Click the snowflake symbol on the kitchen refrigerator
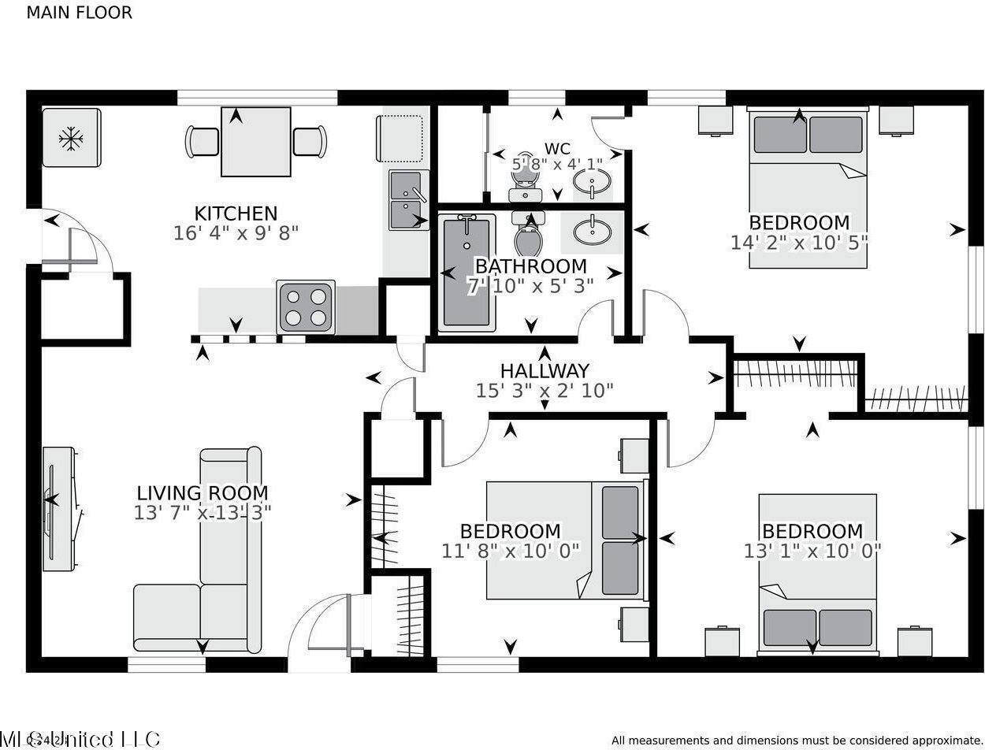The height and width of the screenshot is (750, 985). click(71, 139)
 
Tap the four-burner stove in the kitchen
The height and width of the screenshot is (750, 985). click(306, 307)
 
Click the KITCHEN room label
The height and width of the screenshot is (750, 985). click(236, 213)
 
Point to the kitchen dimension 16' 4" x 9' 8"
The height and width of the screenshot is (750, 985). click(236, 233)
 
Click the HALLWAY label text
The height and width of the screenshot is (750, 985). click(545, 370)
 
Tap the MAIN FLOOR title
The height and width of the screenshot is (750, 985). click(79, 13)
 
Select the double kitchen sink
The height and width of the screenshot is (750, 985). click(408, 200)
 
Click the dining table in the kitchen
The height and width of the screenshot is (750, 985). click(255, 142)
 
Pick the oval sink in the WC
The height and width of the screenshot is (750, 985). click(592, 183)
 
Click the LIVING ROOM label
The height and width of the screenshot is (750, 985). click(203, 494)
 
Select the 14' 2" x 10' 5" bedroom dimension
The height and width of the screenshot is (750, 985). click(799, 243)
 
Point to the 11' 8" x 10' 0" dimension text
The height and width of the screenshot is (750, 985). click(511, 551)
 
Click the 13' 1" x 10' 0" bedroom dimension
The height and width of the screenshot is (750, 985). click(812, 551)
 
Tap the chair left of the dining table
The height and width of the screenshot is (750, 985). click(203, 142)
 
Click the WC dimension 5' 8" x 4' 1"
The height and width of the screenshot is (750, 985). click(557, 165)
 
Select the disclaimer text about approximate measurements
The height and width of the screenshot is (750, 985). click(797, 740)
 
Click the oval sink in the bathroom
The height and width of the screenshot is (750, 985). click(592, 232)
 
